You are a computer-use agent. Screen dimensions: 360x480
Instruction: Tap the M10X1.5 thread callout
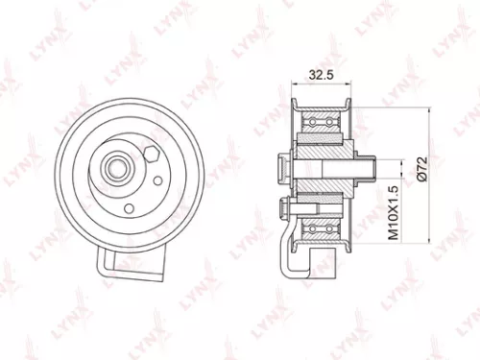[x=392, y=213]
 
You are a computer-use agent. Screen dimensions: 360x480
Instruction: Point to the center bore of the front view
[x=116, y=170]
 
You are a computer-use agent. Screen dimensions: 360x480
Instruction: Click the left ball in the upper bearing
[x=309, y=123]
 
